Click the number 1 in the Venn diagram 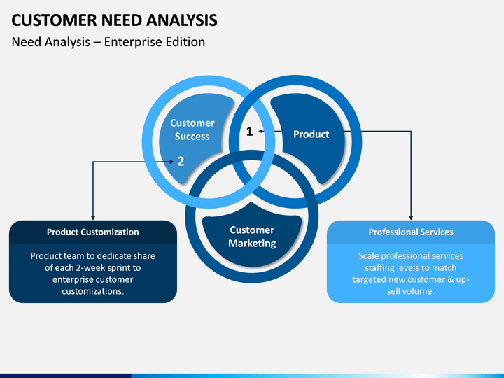coord(250,131)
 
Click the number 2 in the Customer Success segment coord(181,161)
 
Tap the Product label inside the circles coord(311,134)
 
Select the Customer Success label coord(192,129)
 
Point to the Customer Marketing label coord(252,237)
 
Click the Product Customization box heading coord(93,232)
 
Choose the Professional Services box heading coord(411,232)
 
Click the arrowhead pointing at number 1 coord(260,131)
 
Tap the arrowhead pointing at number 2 coord(171,162)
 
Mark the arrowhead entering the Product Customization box coord(93,218)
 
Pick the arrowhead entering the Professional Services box coord(411,218)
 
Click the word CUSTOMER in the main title coord(54,20)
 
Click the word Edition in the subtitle coord(185,42)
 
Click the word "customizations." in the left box coord(93,291)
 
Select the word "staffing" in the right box coord(379,268)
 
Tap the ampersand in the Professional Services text coord(451,279)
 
